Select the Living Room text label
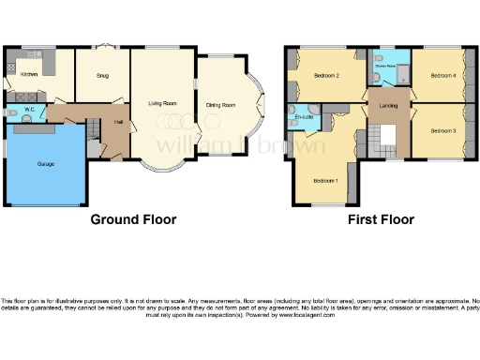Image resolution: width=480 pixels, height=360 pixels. tap(162, 103)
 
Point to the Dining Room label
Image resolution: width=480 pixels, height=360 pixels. tap(220, 104)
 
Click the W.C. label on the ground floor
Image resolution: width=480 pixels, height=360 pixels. tap(30, 110)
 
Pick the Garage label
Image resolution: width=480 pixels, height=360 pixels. tap(45, 164)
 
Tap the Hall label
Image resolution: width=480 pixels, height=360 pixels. tap(119, 122)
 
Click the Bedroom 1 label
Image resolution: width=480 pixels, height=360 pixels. tap(324, 180)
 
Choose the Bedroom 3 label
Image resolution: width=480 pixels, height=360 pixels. tap(442, 130)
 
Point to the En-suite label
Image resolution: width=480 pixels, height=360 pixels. tap(302, 119)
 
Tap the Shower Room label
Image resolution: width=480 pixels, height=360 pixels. tap(384, 67)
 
